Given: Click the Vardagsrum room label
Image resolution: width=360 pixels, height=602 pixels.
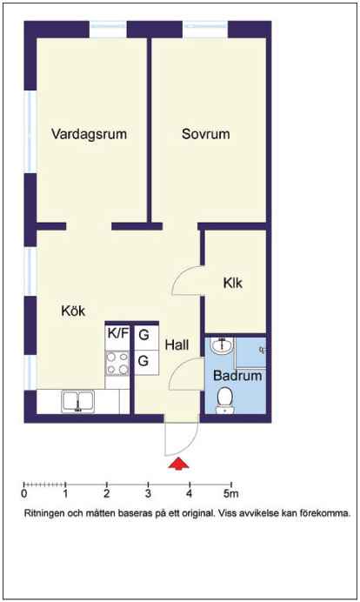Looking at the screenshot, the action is tap(89, 134).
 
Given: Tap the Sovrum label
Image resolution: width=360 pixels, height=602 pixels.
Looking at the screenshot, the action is tap(206, 134).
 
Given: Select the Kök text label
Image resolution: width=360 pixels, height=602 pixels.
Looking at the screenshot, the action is tap(73, 311).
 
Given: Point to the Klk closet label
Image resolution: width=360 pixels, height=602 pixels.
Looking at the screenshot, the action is tap(232, 283).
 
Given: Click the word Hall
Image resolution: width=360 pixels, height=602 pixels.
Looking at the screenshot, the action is tap(177, 344).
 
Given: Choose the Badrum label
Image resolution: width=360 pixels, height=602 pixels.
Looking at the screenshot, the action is tap(237, 375).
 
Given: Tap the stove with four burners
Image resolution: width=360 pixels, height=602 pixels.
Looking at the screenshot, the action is tap(117, 363).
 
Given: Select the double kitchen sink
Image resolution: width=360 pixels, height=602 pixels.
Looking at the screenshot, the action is tap(78, 401).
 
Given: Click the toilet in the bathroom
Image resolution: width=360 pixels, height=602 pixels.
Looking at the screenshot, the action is tap(225, 400).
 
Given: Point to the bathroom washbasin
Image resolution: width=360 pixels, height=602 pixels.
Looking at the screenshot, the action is tap(222, 345).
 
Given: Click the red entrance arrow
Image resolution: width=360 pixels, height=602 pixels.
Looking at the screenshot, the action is tap(179, 464).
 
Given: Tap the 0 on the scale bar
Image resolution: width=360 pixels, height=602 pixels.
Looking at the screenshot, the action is tap(24, 493).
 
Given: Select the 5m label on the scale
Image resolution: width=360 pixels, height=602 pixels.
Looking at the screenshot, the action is tap(231, 493).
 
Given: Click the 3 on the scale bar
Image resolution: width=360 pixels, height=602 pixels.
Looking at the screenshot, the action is tap(148, 493).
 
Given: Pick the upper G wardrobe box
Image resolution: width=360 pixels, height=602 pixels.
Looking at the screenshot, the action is tap(146, 337).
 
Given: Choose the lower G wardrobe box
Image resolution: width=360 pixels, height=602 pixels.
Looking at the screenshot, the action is tap(146, 363).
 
